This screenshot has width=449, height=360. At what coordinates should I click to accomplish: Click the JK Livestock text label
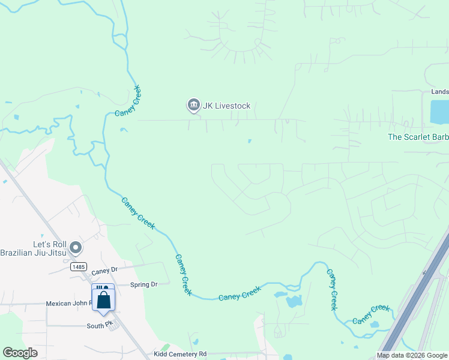[226, 106]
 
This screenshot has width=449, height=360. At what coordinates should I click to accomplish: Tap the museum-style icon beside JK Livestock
[193, 106]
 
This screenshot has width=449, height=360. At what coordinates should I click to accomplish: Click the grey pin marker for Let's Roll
[76, 247]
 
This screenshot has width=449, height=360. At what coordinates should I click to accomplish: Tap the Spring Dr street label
[143, 284]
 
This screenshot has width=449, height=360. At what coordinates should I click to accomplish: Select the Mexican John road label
[68, 304]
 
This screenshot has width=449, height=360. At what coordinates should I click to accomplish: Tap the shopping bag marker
[103, 299]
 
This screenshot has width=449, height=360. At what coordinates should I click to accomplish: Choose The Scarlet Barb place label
[418, 137]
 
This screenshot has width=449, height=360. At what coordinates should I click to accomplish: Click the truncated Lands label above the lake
[439, 92]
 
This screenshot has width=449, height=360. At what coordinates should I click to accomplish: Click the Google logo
[20, 353]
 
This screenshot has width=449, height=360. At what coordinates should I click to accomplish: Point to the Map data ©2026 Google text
[412, 355]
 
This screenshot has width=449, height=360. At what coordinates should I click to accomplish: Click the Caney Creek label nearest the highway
[371, 314]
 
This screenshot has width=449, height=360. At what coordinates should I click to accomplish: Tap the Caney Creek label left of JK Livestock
[127, 101]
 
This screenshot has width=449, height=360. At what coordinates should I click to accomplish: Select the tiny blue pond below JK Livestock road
[250, 142]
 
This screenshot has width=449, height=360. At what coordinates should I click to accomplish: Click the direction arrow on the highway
[426, 272]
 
